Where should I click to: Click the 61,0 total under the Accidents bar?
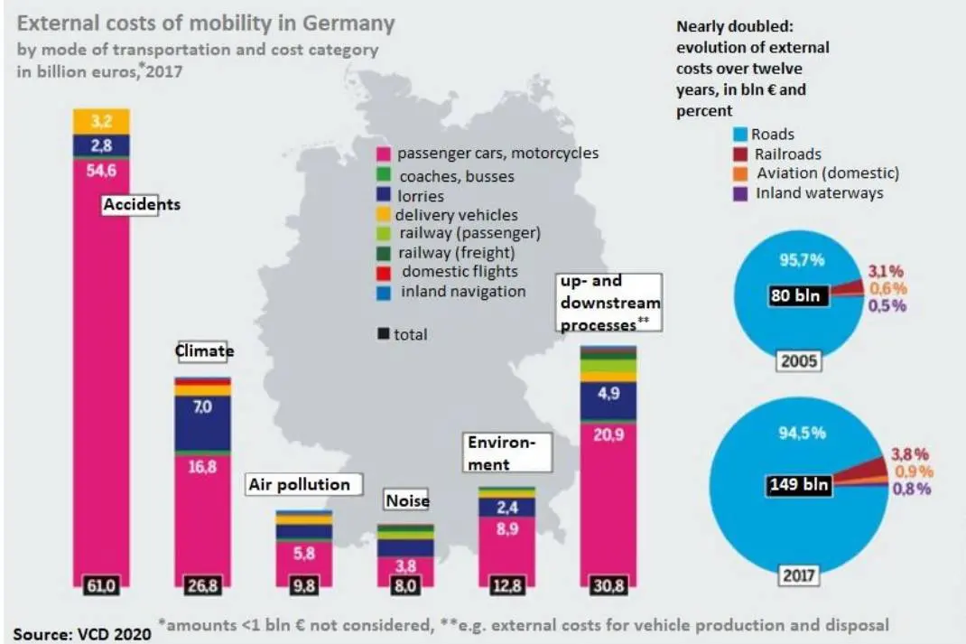pos(100,584)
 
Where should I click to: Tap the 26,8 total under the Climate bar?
pos(202,584)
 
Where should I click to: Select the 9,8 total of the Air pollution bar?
pos(304,584)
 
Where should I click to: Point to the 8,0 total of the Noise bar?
pos(405,584)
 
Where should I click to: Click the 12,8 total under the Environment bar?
pos(507,584)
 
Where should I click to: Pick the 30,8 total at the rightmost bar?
pos(608,584)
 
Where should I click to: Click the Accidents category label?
pos(141,205)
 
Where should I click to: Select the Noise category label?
pos(407,500)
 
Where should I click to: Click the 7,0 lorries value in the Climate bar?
pos(202,406)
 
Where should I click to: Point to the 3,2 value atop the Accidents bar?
pos(101,121)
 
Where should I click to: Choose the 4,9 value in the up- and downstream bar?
pos(608,393)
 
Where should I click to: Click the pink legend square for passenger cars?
pos(383,154)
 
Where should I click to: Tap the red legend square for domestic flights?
pos(383,273)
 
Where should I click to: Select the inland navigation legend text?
pos(463,292)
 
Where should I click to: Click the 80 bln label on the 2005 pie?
pos(796,296)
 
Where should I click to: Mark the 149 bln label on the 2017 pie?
pos(798,484)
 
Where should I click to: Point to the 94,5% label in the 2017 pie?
pos(802,434)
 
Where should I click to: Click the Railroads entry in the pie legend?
pos(788,154)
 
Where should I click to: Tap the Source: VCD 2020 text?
pos(82,634)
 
